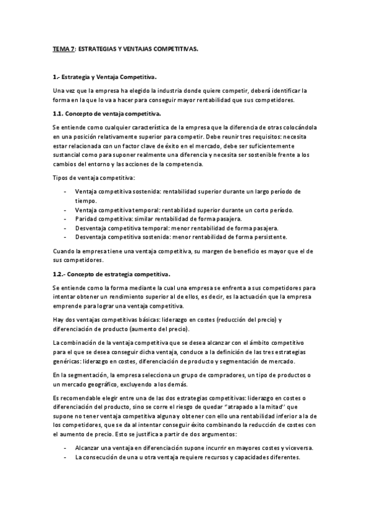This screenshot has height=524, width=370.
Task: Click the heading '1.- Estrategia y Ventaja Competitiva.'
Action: (x=105, y=77)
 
